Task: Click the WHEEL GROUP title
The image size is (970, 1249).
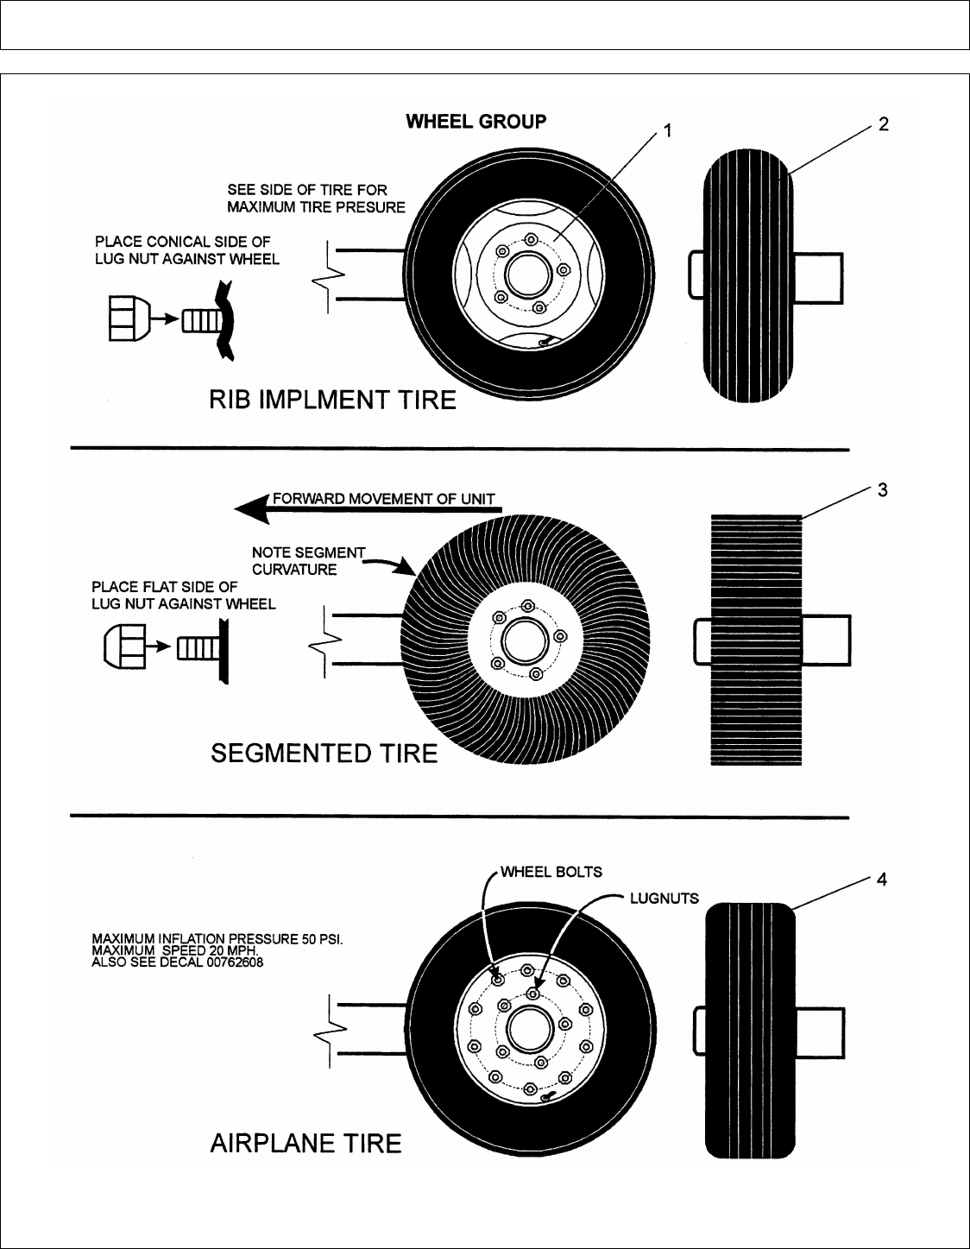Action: point(476,122)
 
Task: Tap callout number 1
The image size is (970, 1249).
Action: point(667,130)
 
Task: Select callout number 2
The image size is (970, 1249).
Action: point(883,124)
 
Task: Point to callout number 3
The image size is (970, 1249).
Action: point(883,490)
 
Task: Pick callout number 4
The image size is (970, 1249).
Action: point(882,880)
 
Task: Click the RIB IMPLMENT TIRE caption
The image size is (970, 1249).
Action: point(333,400)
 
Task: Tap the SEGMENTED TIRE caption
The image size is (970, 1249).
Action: point(324,754)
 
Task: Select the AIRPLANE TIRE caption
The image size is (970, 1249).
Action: point(306,1144)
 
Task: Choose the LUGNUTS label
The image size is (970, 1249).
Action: point(664,898)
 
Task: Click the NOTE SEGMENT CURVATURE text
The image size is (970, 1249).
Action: point(308,561)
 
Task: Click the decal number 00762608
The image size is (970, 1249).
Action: point(233,962)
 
